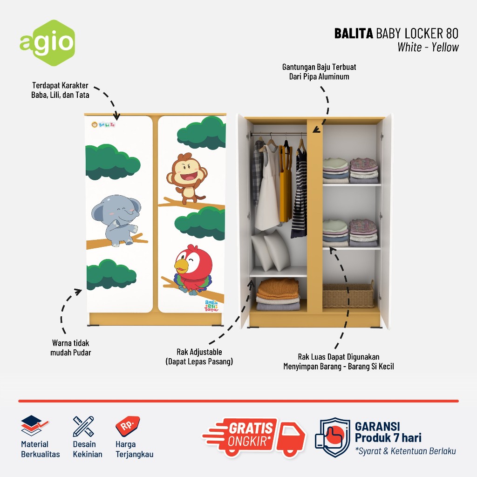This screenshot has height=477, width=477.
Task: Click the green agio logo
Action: (47, 43)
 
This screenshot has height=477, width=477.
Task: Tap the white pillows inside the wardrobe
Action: (271, 252)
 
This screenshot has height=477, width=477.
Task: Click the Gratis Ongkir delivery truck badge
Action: (254, 436)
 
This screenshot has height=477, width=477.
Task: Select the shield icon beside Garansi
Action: (332, 437)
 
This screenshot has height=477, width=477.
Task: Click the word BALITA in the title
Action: (354, 34)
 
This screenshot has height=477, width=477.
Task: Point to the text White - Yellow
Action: (428, 47)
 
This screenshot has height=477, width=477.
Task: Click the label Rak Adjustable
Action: (199, 352)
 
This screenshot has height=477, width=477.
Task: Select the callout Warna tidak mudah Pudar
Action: (71, 348)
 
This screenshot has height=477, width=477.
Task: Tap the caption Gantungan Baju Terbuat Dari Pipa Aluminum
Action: (319, 72)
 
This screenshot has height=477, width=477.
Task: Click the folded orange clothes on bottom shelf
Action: (278, 289)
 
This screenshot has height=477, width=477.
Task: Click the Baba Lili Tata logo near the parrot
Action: (213, 306)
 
